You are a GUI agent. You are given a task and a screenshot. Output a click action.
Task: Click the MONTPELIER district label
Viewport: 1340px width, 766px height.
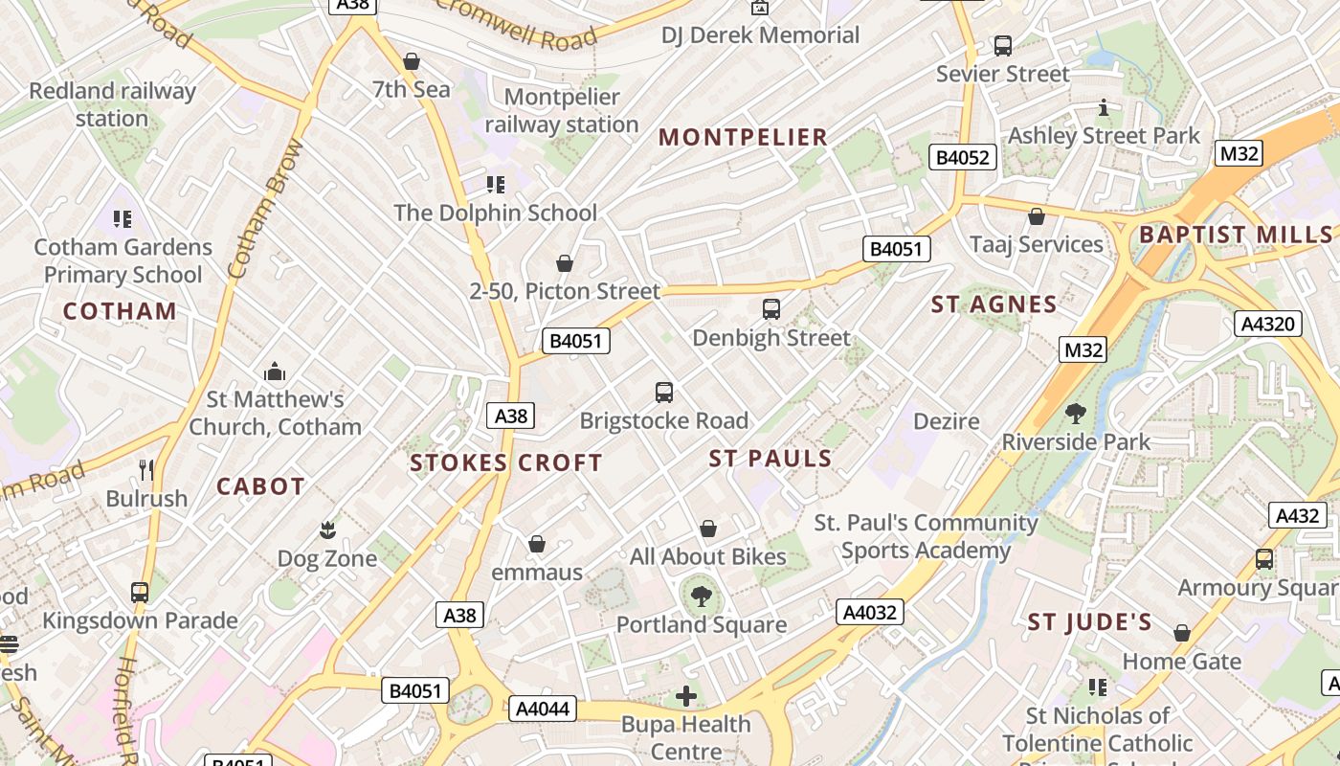coord(743,137)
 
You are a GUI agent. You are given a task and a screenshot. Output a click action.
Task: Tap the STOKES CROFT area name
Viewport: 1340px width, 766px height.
coord(506,463)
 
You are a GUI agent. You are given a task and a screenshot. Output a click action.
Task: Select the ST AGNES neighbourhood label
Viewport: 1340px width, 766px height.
coord(994,305)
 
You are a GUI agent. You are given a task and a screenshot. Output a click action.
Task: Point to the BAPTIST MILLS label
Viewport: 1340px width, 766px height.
coord(1236,235)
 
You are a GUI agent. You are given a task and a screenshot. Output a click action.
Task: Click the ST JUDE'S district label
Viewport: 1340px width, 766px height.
coord(1089,622)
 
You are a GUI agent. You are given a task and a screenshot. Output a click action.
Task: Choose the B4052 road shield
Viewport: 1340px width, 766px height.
coord(963,157)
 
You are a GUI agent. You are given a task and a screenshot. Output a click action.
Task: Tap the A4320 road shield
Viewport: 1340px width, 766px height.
coord(1268,324)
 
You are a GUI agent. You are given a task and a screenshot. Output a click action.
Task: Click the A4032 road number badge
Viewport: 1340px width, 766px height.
coord(869,612)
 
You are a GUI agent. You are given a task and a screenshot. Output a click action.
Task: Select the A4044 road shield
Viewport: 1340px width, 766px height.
coord(543,709)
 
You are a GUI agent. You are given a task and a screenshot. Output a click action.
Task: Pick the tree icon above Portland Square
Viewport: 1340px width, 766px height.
coord(702,597)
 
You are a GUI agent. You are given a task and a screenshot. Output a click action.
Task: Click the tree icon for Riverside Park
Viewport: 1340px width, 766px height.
coord(1076,415)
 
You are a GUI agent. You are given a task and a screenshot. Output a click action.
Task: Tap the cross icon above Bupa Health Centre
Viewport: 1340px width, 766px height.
coord(686,696)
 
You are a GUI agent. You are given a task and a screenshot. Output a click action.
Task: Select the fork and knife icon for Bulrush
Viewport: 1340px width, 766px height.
coord(146,470)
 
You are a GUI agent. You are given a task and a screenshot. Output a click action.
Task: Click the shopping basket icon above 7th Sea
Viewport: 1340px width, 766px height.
coord(412,62)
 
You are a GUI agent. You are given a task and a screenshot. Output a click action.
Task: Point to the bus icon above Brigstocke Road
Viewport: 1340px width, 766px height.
coord(664,393)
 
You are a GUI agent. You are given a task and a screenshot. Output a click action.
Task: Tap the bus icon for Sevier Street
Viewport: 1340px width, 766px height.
coord(1003,45)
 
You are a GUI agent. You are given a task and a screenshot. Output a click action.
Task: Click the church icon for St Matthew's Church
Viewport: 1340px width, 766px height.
coord(275,372)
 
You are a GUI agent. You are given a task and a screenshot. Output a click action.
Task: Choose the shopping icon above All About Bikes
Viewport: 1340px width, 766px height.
coord(708,529)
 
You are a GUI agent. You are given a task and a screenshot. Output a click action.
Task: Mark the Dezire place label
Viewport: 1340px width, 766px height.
coord(947,421)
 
